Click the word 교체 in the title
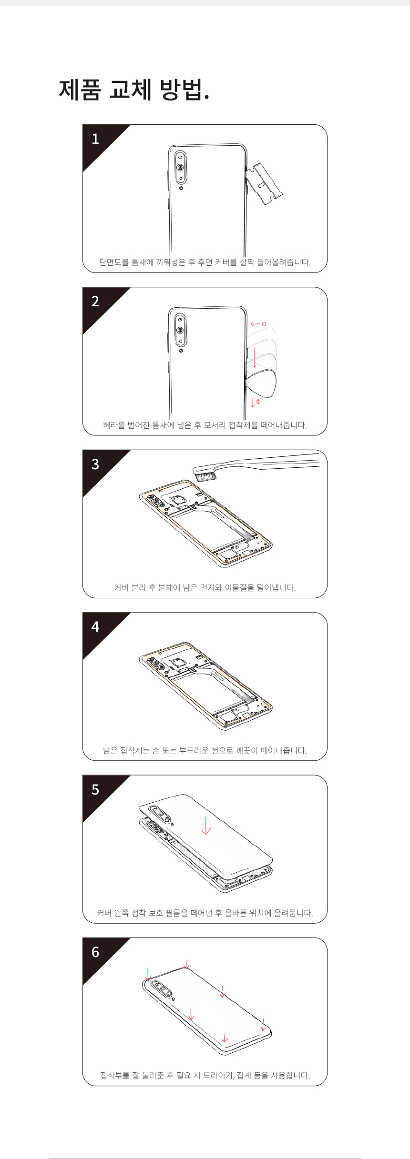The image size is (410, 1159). click(x=130, y=89)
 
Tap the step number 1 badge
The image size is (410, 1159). click(x=95, y=139)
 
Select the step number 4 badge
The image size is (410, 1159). click(x=95, y=626)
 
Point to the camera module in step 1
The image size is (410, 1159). click(x=180, y=167)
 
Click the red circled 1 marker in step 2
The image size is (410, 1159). click(x=264, y=324)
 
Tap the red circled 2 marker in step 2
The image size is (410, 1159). click(x=258, y=402)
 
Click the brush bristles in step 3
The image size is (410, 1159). click(x=205, y=475)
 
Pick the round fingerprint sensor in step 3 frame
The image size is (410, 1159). click(x=179, y=499)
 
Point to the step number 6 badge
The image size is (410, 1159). click(x=95, y=952)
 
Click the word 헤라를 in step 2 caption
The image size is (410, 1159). click(x=114, y=425)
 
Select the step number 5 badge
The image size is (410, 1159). click(x=95, y=789)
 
